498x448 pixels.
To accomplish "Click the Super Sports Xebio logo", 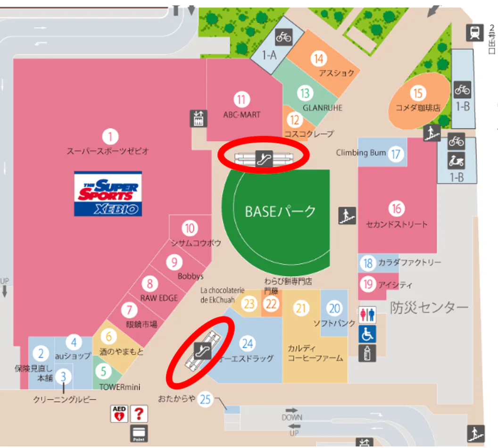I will pyautogui.click(x=108, y=193).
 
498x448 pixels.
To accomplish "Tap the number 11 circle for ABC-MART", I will pyautogui.click(x=242, y=100).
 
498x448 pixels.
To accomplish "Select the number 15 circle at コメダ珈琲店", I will pyautogui.click(x=417, y=93).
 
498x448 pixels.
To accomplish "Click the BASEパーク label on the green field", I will pyautogui.click(x=280, y=211).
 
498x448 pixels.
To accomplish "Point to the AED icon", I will pyautogui.click(x=118, y=414).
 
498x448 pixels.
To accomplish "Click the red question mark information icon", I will pyautogui.click(x=139, y=414).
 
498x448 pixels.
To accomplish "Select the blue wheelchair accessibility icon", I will pyautogui.click(x=367, y=334).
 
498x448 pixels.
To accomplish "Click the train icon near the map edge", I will pyautogui.click(x=474, y=32).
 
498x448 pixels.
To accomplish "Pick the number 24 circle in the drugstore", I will pyautogui.click(x=248, y=343).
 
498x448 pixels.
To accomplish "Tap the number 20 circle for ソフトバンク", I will pyautogui.click(x=334, y=308).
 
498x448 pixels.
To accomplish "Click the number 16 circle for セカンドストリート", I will pyautogui.click(x=397, y=208).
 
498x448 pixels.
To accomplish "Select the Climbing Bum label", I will pyautogui.click(x=361, y=153).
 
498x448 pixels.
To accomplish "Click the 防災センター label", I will pyautogui.click(x=429, y=308).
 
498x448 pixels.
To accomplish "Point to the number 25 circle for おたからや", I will pyautogui.click(x=205, y=399).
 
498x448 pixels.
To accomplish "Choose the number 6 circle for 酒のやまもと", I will pyautogui.click(x=109, y=337).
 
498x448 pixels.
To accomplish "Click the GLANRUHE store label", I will pyautogui.click(x=323, y=108).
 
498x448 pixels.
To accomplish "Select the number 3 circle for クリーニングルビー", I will pyautogui.click(x=63, y=377).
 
